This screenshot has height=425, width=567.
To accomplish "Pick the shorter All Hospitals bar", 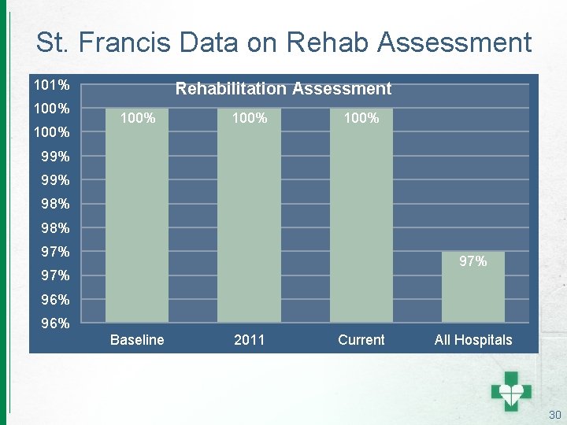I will [472, 291].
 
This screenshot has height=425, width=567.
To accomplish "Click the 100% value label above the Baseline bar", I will [137, 119].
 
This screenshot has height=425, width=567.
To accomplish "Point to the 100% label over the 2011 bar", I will [249, 119].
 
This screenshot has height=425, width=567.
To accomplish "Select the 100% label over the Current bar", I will [361, 119].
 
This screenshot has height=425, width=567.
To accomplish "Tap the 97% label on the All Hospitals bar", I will [472, 261].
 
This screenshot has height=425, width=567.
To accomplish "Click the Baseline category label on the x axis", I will [137, 340].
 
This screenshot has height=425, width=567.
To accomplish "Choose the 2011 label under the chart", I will [249, 340].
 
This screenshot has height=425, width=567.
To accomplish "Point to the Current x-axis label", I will [361, 340].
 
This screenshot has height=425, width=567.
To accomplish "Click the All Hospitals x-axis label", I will [472, 340].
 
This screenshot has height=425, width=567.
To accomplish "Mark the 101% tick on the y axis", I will [51, 83].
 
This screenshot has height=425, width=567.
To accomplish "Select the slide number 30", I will [554, 415].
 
